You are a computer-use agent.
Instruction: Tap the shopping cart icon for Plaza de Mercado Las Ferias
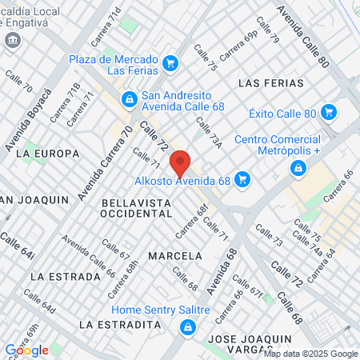tap(170, 63)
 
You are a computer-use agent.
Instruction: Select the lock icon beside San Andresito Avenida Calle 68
tap(128, 98)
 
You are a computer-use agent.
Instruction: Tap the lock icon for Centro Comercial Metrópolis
tap(298, 167)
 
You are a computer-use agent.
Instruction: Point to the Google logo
tap(26, 350)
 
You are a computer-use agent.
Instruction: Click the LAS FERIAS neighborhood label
tap(271, 83)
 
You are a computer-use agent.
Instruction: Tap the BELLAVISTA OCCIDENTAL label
tap(138, 210)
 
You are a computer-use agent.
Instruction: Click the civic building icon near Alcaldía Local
tap(12, 40)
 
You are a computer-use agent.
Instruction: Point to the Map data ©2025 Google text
tap(311, 354)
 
